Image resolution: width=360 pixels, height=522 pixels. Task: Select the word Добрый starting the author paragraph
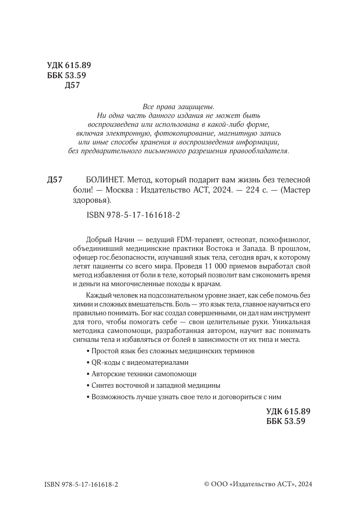click(x=96, y=240)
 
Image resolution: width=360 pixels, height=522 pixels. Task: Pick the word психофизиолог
click(x=289, y=240)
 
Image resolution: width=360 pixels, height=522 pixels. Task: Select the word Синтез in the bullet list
click(x=102, y=385)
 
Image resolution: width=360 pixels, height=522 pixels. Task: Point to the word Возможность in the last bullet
click(x=112, y=396)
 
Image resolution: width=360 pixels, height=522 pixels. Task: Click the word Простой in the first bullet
click(x=104, y=352)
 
